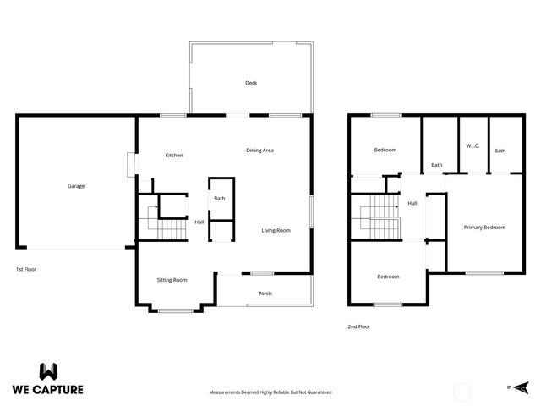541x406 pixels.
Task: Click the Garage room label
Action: click(x=76, y=186)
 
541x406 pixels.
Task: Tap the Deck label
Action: click(x=251, y=83)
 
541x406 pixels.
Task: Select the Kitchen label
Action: click(x=174, y=155)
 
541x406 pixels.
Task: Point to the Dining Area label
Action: click(x=260, y=151)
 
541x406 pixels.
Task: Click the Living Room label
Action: click(x=276, y=230)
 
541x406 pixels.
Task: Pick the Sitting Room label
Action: click(x=172, y=280)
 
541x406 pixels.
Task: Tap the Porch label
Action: click(x=265, y=294)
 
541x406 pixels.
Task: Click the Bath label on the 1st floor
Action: click(x=219, y=199)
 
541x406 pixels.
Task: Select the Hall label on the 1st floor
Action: click(x=199, y=222)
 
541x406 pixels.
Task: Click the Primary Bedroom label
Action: click(x=484, y=228)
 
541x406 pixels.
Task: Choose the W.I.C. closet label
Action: click(x=473, y=145)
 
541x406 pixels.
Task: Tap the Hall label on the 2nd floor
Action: click(x=413, y=203)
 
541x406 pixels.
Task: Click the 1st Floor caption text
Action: click(x=25, y=269)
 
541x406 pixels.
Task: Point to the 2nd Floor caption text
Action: click(x=358, y=326)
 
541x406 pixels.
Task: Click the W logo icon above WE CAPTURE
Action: click(x=48, y=371)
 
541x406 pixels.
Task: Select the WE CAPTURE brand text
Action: click(x=47, y=391)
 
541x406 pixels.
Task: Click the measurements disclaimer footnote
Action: click(x=270, y=392)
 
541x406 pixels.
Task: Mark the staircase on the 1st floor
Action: click(x=166, y=222)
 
